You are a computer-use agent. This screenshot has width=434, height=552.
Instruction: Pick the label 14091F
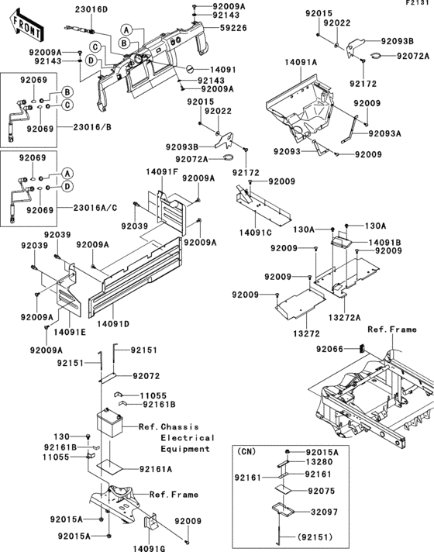[162, 171]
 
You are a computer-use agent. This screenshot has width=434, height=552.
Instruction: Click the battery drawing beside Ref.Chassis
[113, 426]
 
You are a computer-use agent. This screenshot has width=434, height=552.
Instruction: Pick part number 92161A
[156, 469]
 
